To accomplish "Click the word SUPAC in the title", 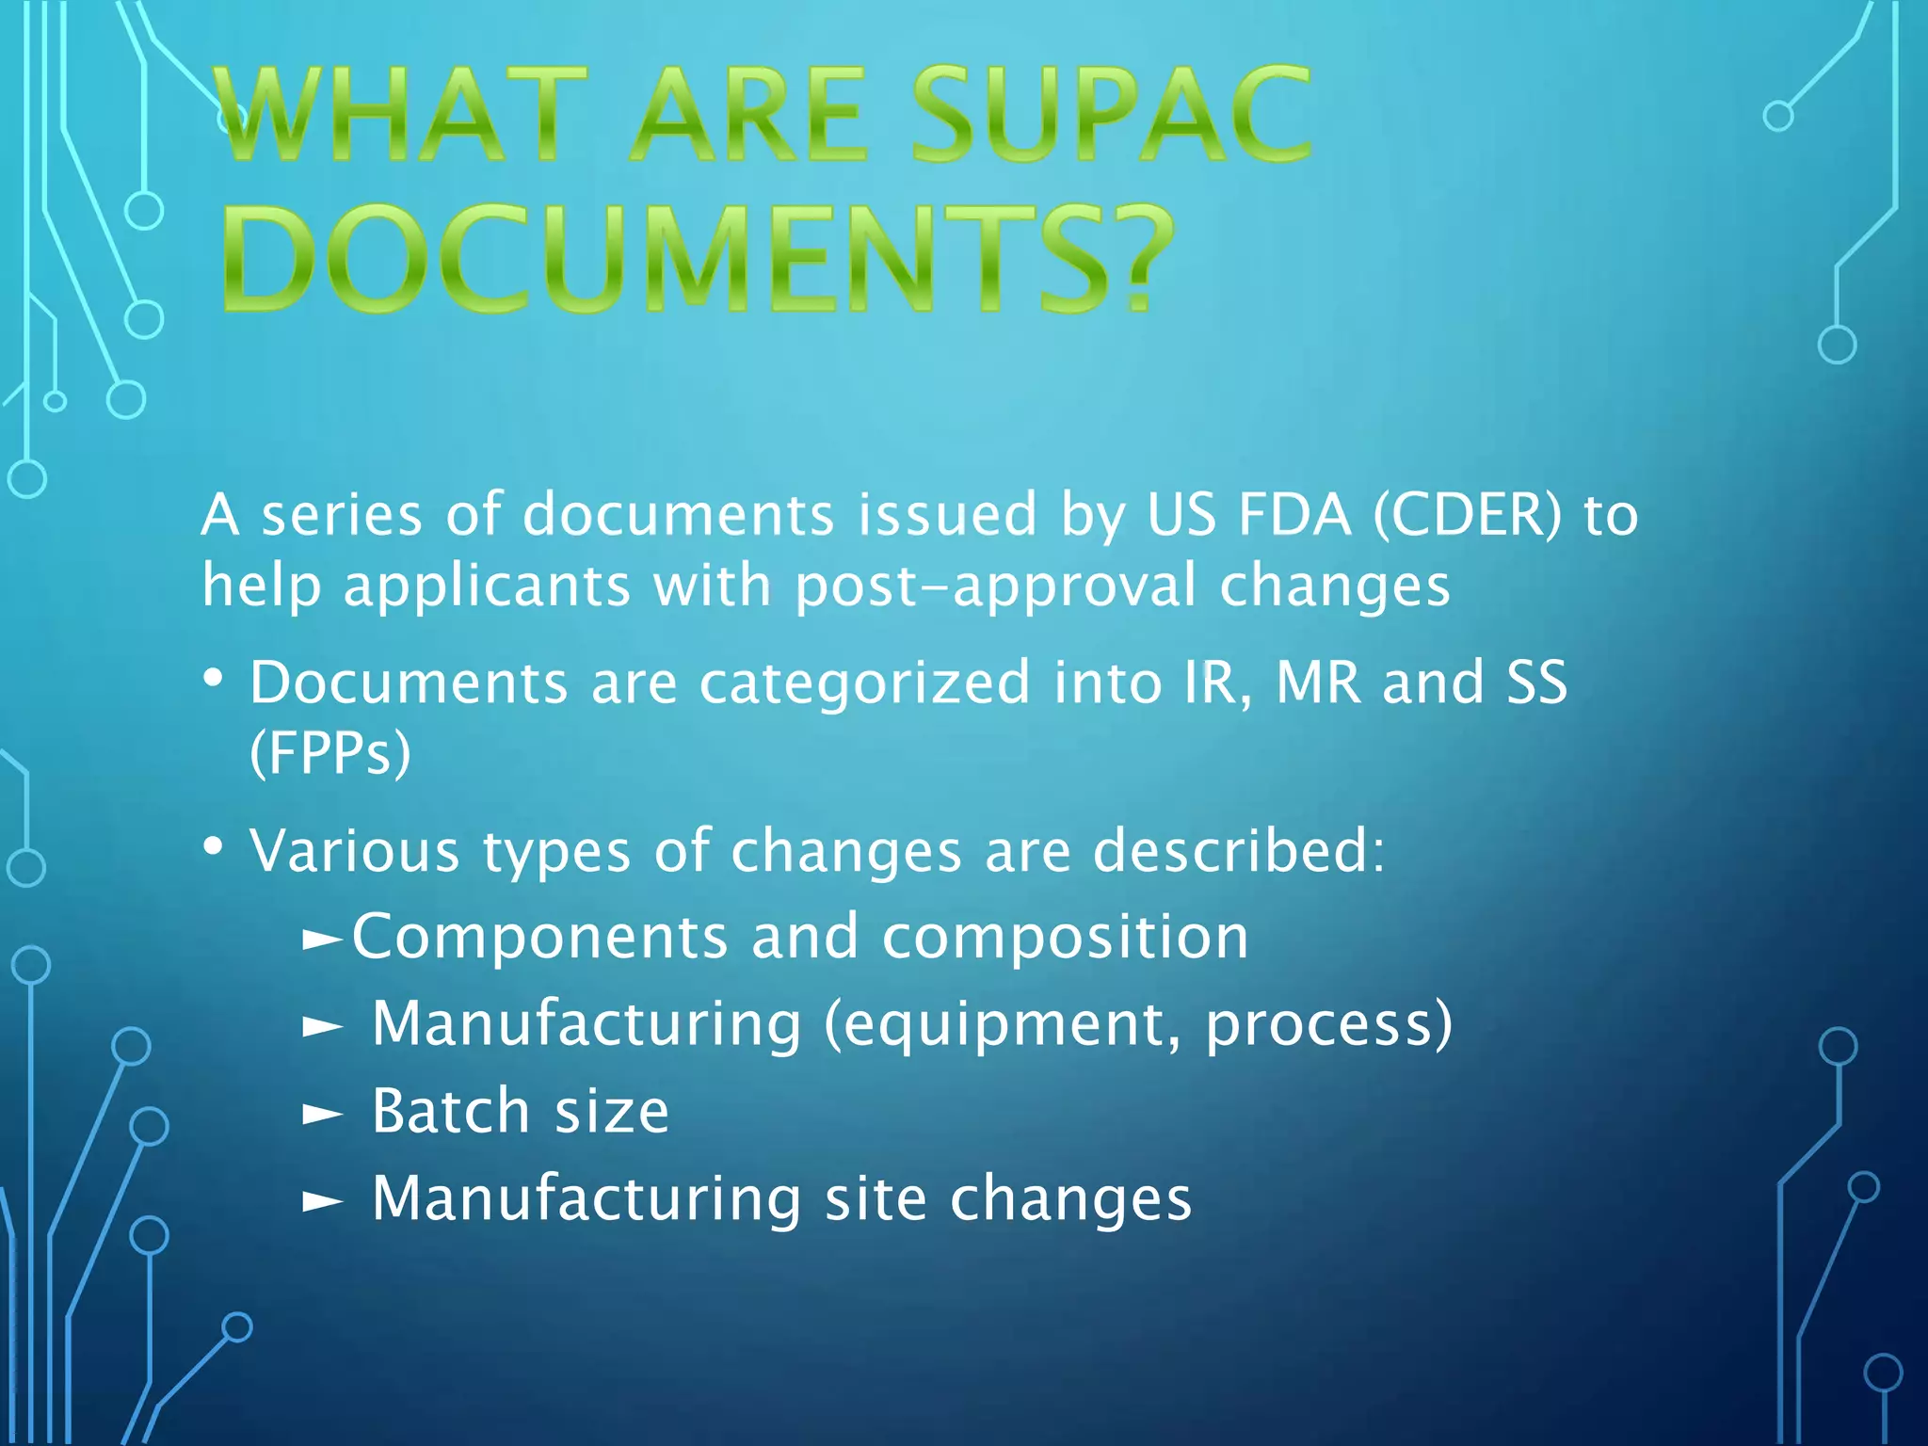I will tap(1111, 115).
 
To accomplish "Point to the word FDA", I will tap(1294, 515).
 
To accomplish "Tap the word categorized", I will tap(864, 683).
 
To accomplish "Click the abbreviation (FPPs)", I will tap(330, 753).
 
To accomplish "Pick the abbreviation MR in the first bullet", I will tap(1317, 683).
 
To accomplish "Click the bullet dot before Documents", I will tap(214, 679).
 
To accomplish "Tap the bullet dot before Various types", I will tap(214, 847).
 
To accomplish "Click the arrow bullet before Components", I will tap(323, 939).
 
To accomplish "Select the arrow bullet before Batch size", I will tap(323, 1115).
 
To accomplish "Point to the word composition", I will tap(1066, 939).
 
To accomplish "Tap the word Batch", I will tap(451, 1112).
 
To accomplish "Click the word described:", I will tap(1239, 851).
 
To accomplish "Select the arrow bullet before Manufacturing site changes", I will tap(323, 1201).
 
